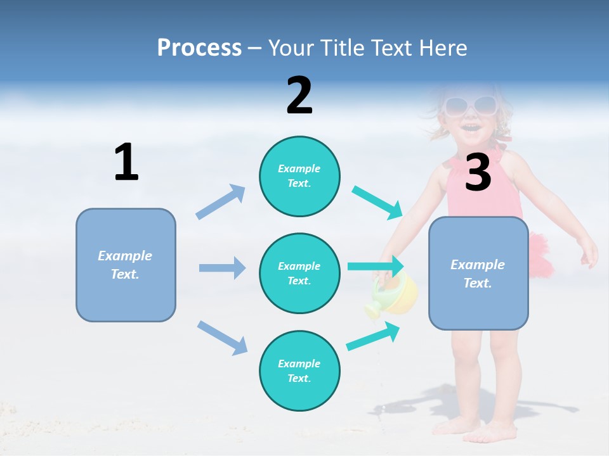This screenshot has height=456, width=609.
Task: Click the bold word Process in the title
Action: click(199, 47)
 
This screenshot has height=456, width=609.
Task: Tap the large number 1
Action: click(126, 162)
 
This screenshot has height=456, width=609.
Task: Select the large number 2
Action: click(299, 96)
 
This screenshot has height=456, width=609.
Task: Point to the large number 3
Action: click(478, 172)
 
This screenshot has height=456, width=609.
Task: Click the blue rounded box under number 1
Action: click(126, 265)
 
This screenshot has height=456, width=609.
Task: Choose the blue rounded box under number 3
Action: click(478, 274)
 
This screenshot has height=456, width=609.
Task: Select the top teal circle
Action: click(299, 176)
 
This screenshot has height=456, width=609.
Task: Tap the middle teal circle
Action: click(299, 274)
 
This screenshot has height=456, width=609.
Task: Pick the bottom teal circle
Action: click(299, 371)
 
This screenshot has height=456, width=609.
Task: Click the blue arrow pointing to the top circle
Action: click(221, 202)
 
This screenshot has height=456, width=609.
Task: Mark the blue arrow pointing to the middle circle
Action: click(222, 268)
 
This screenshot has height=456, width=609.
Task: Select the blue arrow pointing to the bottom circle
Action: click(222, 338)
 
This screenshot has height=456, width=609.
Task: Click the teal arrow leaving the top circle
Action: click(377, 203)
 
